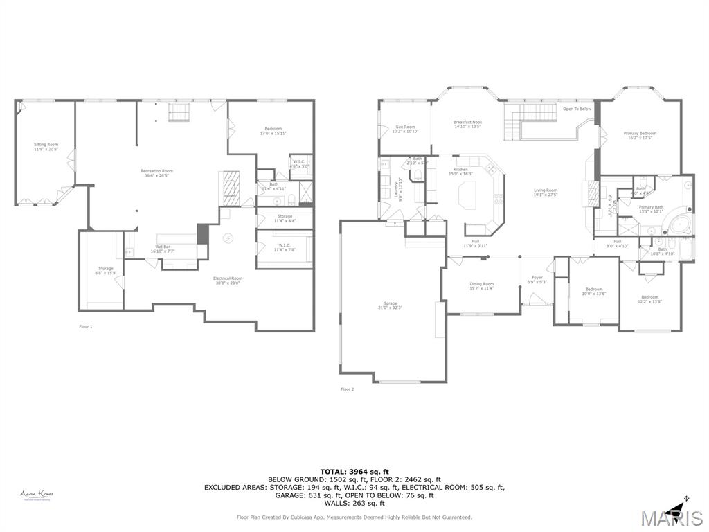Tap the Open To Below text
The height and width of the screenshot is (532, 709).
[577, 109]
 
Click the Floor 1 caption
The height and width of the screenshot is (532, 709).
[86, 326]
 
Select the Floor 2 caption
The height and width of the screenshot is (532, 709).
[347, 389]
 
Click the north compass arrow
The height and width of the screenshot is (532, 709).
[681, 503]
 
